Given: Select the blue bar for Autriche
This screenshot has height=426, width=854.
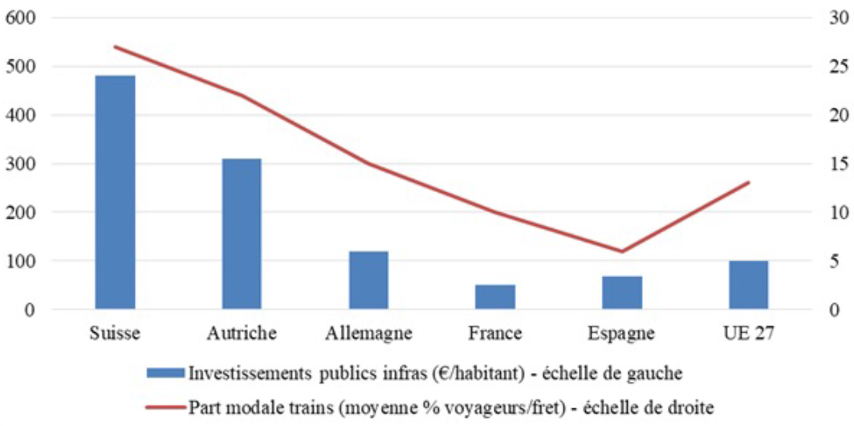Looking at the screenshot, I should click(x=242, y=234).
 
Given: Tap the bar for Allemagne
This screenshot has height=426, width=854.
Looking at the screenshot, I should click(x=368, y=281).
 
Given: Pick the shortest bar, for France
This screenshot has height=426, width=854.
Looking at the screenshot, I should click(x=495, y=297).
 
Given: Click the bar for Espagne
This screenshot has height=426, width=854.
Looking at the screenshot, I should click(x=622, y=293).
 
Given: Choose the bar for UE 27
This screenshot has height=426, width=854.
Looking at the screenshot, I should click(x=748, y=285).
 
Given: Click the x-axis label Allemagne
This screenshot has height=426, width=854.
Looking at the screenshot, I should click(x=369, y=333).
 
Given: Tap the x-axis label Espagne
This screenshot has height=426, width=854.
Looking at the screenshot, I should click(x=622, y=333).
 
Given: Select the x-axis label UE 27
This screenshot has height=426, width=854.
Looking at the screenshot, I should click(x=748, y=333).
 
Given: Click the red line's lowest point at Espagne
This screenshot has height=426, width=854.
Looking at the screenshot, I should click(x=622, y=252).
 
